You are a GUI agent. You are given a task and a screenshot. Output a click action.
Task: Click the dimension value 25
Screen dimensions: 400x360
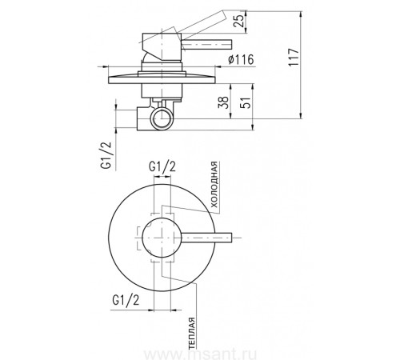[x=239, y=20]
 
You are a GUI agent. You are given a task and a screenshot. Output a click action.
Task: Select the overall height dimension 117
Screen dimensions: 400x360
[x=294, y=57]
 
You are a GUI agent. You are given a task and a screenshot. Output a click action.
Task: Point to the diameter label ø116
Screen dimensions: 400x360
[x=241, y=59]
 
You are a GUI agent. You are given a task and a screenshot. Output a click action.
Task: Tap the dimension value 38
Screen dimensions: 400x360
[x=223, y=102]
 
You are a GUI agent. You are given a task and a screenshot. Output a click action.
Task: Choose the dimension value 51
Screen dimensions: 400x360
[x=246, y=102]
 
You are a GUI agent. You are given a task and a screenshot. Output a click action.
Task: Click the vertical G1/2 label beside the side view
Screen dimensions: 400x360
[x=106, y=155]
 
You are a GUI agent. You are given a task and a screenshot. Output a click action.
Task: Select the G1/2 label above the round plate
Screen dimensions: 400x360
[x=162, y=167]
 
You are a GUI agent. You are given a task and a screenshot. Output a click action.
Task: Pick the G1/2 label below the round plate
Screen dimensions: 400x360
[x=126, y=301]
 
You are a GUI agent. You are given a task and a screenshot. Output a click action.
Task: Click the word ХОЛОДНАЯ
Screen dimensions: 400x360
[x=214, y=185]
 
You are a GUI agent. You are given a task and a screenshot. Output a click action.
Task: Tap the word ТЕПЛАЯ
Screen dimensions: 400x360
[x=192, y=334]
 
